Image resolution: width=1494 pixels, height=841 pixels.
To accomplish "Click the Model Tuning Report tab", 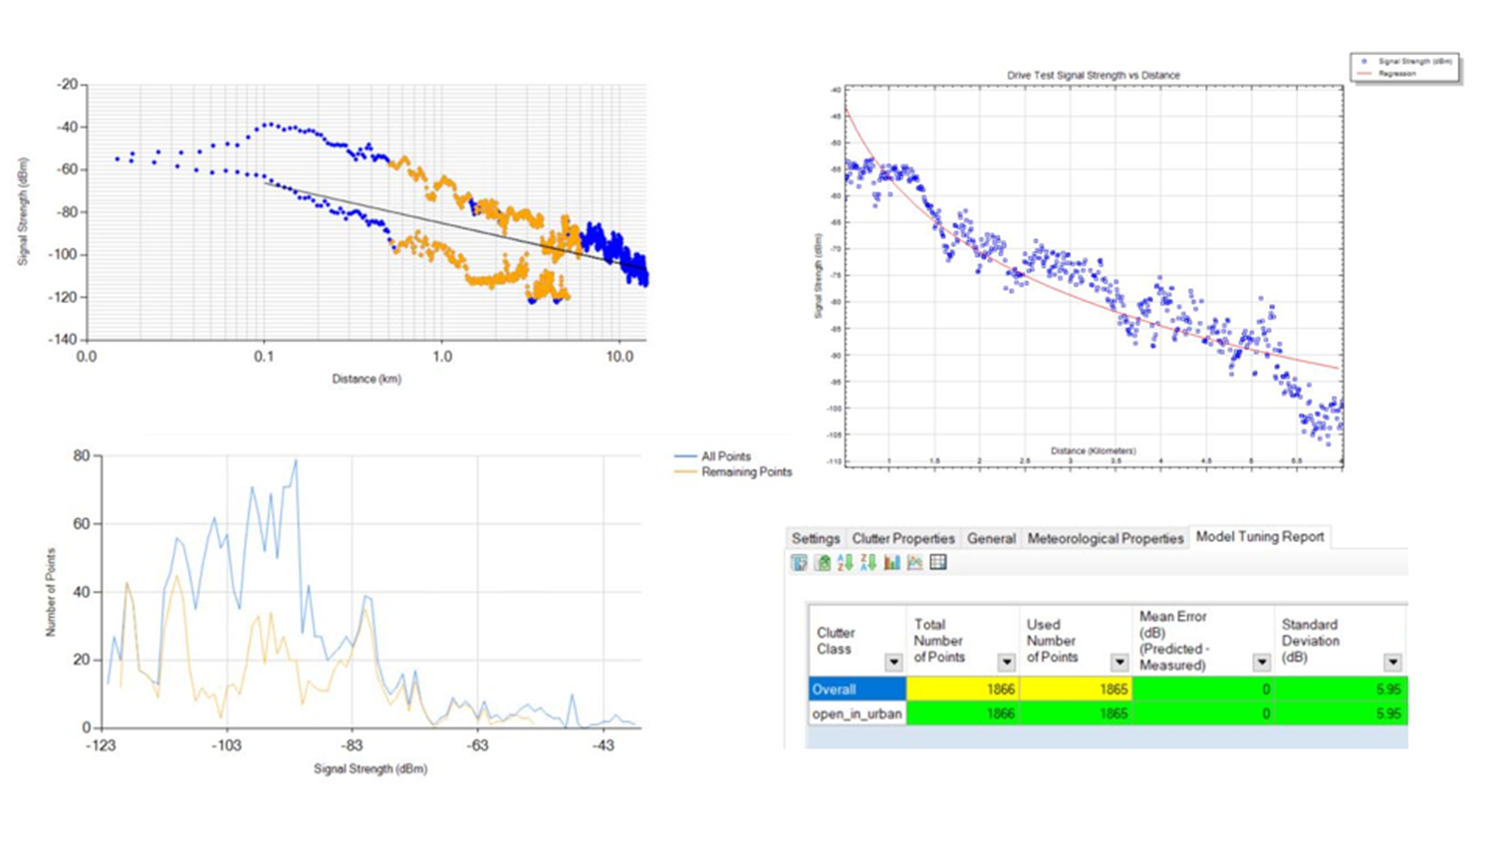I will point(1259,537).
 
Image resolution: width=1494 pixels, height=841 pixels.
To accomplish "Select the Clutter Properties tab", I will point(902,538).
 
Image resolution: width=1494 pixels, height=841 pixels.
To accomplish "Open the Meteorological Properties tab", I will point(1105,538).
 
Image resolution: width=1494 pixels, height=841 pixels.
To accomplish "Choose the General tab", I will point(991,538).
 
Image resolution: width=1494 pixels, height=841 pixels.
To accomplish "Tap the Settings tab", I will point(815,538).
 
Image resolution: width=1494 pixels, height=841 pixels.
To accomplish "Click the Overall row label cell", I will point(856,689).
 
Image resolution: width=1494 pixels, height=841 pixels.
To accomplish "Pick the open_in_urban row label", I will point(856,713).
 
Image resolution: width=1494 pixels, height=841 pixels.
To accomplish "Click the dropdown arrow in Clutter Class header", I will point(893,663).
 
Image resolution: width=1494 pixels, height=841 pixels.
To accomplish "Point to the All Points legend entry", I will point(725,456).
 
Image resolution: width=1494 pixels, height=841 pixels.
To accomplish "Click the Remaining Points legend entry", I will point(746,472).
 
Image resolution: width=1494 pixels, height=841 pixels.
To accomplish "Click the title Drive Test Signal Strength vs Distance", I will point(1093,75).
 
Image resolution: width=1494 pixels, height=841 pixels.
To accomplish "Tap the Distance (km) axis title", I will point(367,379).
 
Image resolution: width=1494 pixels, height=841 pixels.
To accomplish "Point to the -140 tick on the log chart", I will point(66,340).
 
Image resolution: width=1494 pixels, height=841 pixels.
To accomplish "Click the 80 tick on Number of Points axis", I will point(82,455).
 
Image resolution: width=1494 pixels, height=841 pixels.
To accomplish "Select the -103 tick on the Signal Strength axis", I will point(226,745).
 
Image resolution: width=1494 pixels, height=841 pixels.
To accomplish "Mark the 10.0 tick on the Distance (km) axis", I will point(620,357).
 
